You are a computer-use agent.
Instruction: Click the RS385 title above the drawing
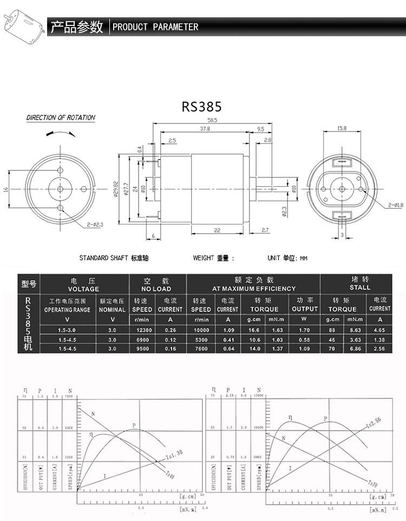click(x=201, y=106)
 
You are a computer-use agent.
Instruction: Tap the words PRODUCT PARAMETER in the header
click(x=155, y=27)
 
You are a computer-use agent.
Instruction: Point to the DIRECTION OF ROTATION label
click(x=61, y=117)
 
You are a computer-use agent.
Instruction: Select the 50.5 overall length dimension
click(x=204, y=120)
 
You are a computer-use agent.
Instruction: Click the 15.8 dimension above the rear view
click(x=342, y=129)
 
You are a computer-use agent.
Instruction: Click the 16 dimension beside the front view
click(x=5, y=189)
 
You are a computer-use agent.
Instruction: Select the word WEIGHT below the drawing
click(x=204, y=258)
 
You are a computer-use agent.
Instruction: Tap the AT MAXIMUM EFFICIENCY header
click(x=254, y=288)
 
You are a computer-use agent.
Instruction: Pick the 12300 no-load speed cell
click(x=141, y=329)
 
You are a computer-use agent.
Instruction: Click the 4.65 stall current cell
click(x=379, y=329)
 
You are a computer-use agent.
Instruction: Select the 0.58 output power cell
click(x=304, y=339)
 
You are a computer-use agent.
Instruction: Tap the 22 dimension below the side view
click(x=217, y=230)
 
